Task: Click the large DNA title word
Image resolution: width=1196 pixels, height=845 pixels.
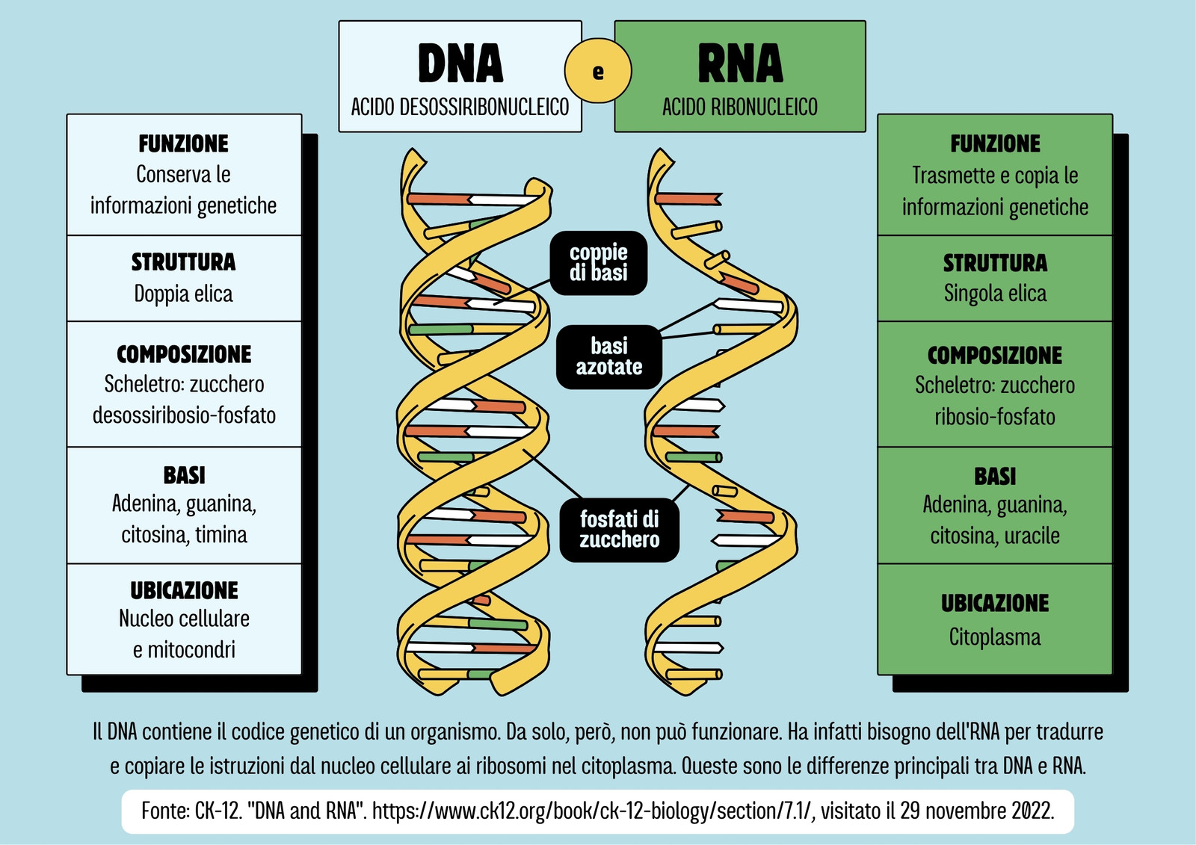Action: (460, 64)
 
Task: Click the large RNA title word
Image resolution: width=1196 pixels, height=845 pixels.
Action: (740, 64)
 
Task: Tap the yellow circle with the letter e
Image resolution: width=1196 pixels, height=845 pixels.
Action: (598, 70)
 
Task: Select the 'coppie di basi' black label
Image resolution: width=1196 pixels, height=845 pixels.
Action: (599, 263)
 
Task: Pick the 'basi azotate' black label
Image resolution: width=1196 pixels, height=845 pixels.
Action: (609, 356)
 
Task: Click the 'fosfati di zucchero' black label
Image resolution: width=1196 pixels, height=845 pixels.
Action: (620, 530)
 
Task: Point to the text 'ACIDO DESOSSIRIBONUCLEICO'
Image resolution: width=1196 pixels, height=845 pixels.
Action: (460, 108)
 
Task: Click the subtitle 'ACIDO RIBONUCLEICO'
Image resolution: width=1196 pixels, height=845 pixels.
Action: (740, 108)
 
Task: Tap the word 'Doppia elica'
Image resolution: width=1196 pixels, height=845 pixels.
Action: (184, 294)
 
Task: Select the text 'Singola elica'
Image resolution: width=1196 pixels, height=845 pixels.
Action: (995, 294)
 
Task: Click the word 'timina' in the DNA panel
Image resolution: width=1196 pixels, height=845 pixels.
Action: (221, 535)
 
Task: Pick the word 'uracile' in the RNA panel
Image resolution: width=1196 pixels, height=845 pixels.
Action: (1032, 536)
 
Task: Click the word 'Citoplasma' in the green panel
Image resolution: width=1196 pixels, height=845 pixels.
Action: (995, 637)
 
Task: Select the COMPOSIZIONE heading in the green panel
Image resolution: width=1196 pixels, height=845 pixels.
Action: (995, 356)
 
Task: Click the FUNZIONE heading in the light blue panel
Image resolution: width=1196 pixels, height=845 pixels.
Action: (184, 143)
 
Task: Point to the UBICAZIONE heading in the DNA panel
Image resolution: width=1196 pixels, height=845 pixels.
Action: (184, 590)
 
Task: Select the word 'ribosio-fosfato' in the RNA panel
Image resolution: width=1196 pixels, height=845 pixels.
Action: (995, 417)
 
